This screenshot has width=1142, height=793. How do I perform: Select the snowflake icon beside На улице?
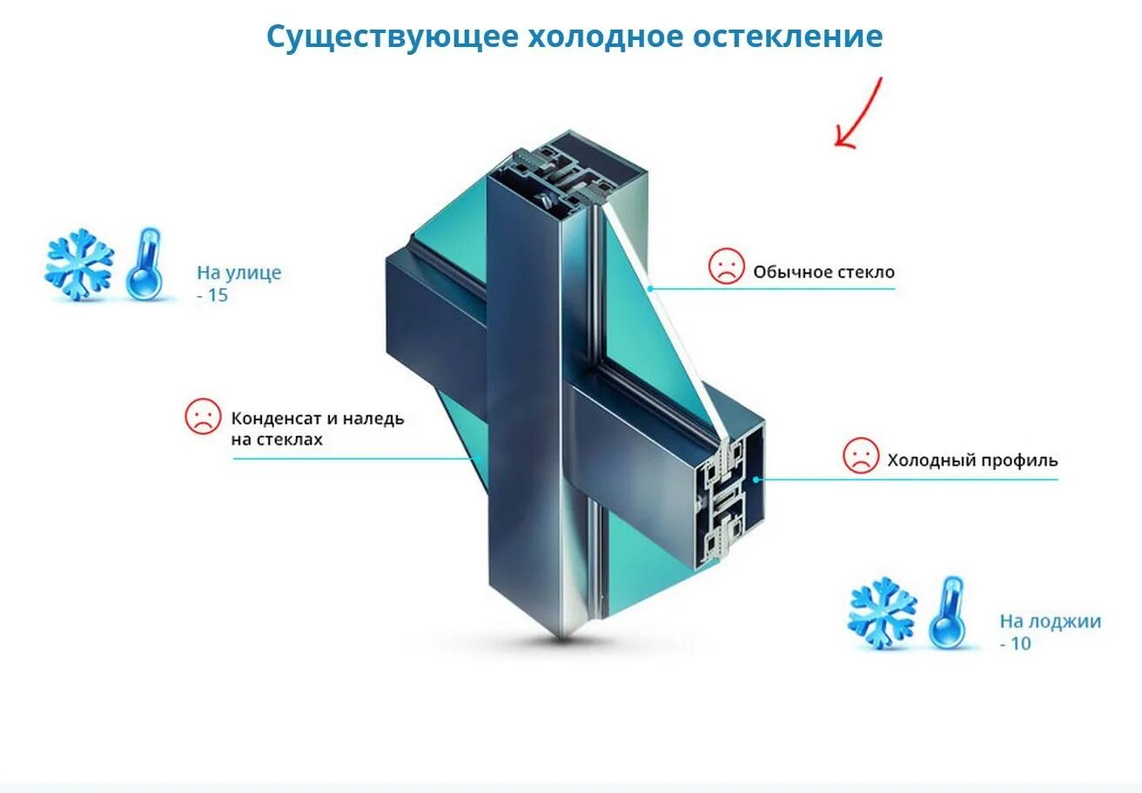click(79, 265)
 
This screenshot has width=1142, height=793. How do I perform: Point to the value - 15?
click(212, 295)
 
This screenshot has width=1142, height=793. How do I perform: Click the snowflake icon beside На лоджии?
click(883, 612)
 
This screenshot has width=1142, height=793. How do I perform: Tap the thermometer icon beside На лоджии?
click(948, 612)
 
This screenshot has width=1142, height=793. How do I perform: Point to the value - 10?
click(1016, 644)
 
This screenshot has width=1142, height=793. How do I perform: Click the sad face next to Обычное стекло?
click(726, 266)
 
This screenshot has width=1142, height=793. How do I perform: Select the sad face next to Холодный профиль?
click(860, 455)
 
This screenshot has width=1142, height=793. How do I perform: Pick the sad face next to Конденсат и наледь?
click(203, 416)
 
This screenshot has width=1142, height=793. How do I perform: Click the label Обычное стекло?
click(823, 272)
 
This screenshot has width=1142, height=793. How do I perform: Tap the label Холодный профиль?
click(972, 460)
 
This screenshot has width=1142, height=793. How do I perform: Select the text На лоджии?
click(1050, 622)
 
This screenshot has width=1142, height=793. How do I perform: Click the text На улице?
click(239, 272)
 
